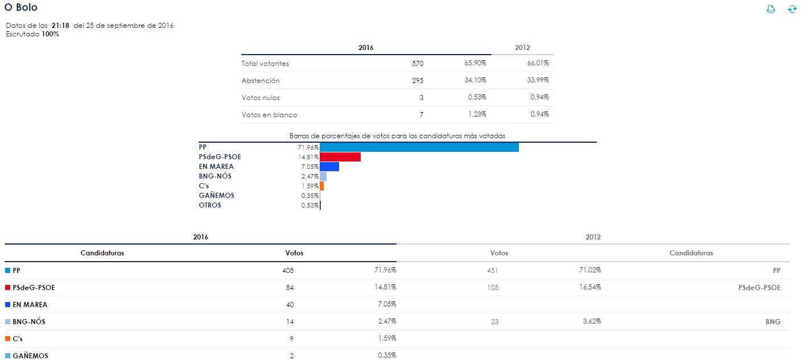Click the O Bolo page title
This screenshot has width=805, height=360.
point(20,7)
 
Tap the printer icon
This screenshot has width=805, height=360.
point(771,9)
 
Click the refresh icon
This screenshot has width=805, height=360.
point(792,9)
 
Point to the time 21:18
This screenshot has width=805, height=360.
point(60,26)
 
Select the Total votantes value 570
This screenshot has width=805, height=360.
point(418,64)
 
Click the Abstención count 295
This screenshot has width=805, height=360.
point(418,81)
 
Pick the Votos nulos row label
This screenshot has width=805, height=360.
point(260,98)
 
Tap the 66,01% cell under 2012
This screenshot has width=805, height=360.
point(538,64)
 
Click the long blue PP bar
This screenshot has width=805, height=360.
point(419,147)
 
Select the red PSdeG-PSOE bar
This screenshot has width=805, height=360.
point(340,157)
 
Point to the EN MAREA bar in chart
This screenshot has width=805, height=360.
point(329,167)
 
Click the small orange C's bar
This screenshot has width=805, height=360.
point(322,186)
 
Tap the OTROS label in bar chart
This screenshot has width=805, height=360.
point(210,205)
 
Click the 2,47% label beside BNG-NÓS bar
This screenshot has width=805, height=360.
point(309,176)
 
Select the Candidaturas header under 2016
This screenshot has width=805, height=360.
point(102,253)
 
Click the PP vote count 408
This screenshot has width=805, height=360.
point(288,271)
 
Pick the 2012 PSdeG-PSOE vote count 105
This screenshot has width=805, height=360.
point(492,288)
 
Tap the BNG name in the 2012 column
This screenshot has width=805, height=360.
point(773,322)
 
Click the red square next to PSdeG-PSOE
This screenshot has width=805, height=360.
point(7,288)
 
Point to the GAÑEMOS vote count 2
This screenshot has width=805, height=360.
point(291,356)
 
